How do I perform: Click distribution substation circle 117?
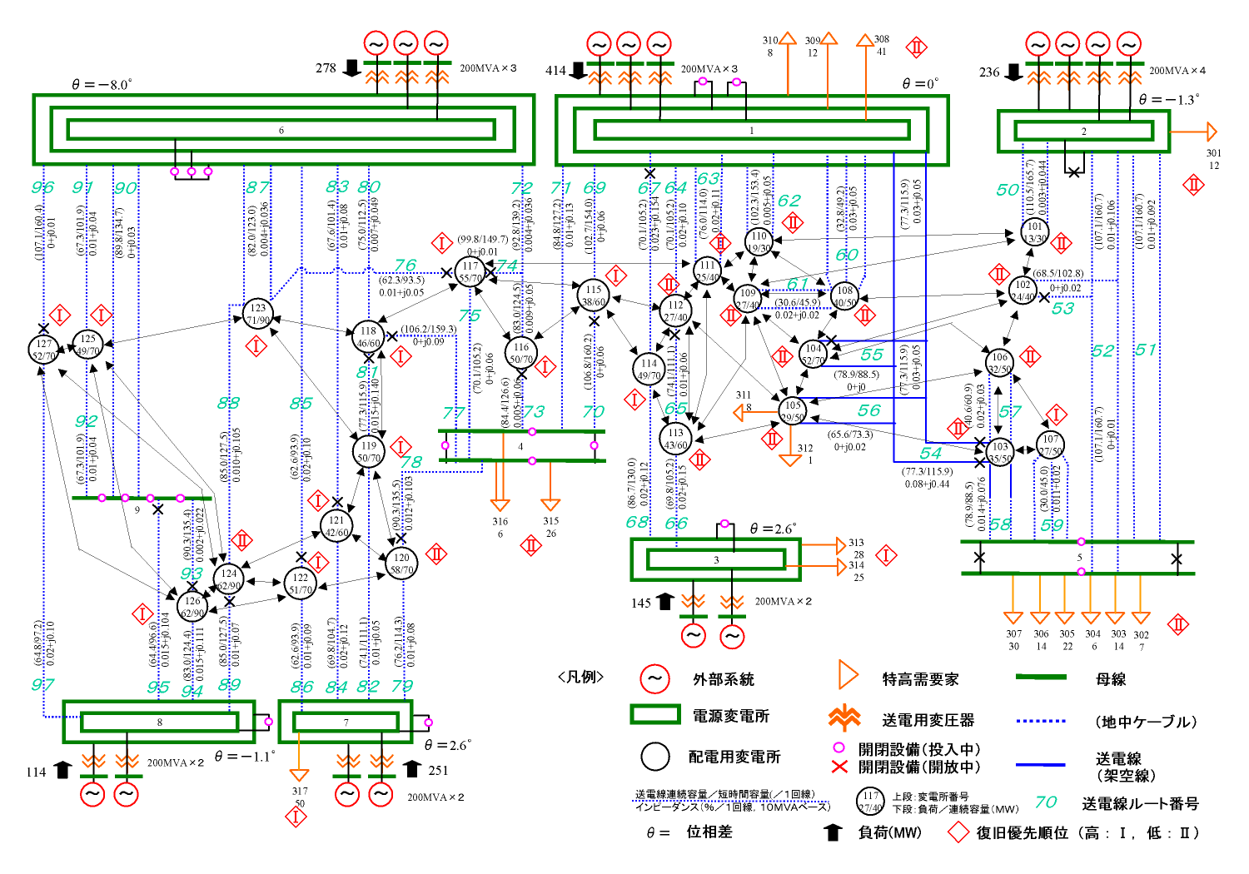(470, 272)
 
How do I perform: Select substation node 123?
(258, 314)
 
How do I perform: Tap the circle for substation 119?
(369, 452)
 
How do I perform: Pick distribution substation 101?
(1034, 232)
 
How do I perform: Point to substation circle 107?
(1051, 445)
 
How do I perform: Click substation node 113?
(675, 439)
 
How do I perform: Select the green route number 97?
(42, 684)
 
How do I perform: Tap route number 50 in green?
(1008, 190)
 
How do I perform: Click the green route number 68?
(637, 522)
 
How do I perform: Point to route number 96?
(42, 187)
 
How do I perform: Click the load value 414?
(555, 71)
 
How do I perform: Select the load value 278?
(326, 68)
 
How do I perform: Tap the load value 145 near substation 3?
(640, 603)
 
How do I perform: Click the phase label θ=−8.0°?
(102, 85)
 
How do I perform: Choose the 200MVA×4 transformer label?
(1177, 71)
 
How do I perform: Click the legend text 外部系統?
(723, 679)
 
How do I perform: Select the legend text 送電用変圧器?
(928, 720)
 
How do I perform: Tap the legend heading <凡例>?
(580, 677)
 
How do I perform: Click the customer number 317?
(300, 791)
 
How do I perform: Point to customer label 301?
(1214, 153)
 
